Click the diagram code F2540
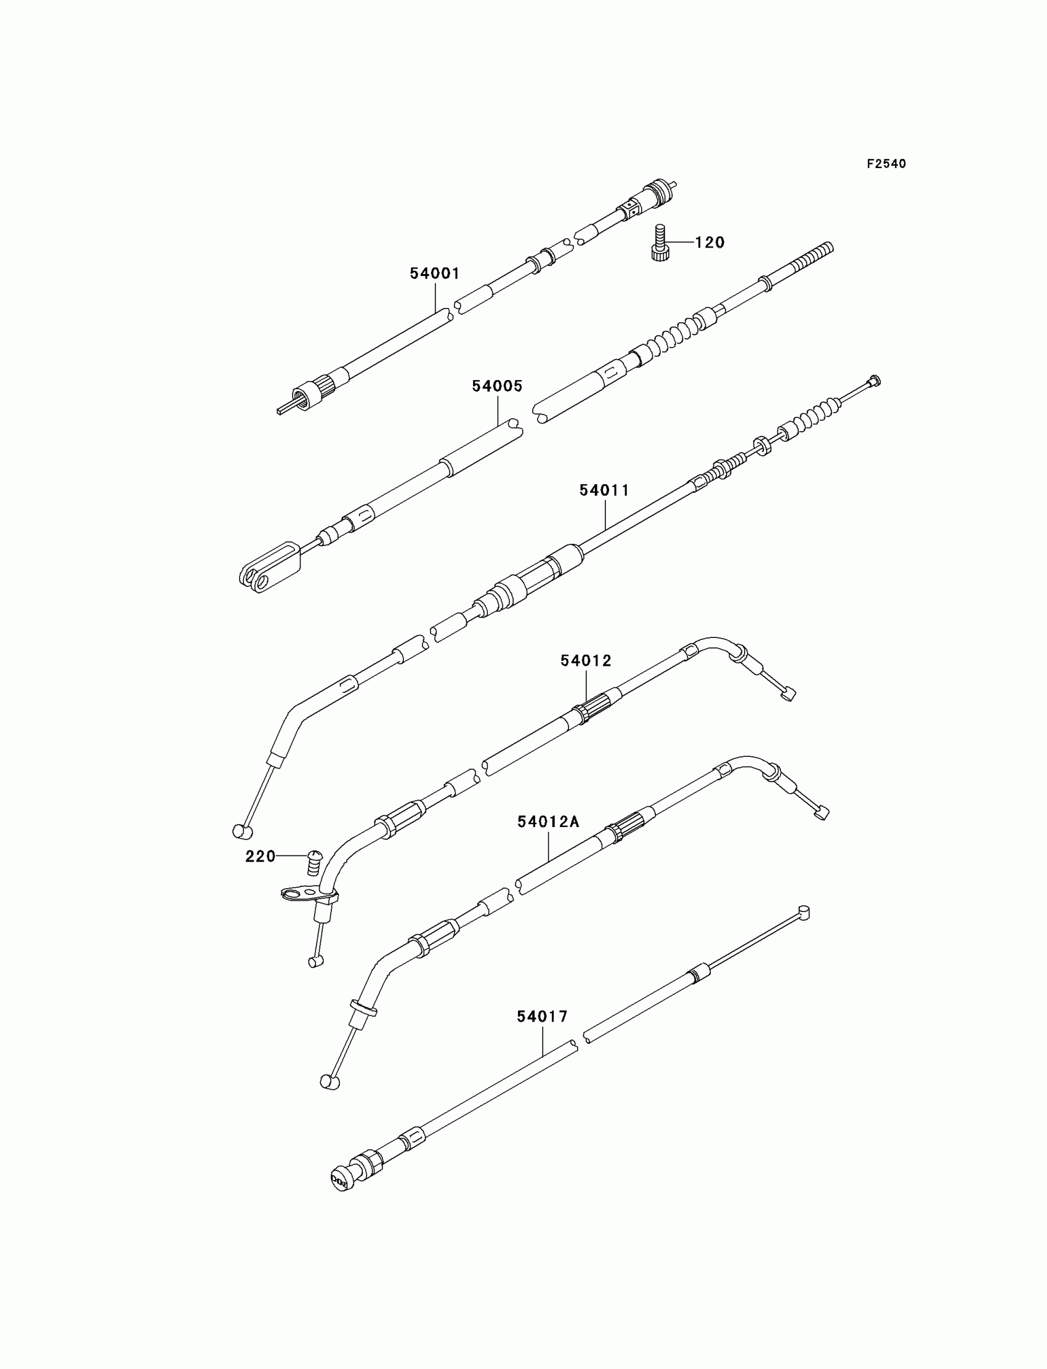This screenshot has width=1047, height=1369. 886,164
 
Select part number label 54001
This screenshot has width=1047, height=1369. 434,273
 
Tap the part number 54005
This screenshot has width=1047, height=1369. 496,386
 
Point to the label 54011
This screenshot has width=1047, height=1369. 605,490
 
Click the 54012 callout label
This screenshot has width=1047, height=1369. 586,661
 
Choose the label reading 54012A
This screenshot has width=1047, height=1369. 548,822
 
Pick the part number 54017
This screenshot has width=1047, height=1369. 542,1017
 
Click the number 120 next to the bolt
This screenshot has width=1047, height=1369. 710,243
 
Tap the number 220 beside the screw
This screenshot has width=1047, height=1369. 260,857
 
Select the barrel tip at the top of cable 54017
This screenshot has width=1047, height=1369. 803,913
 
